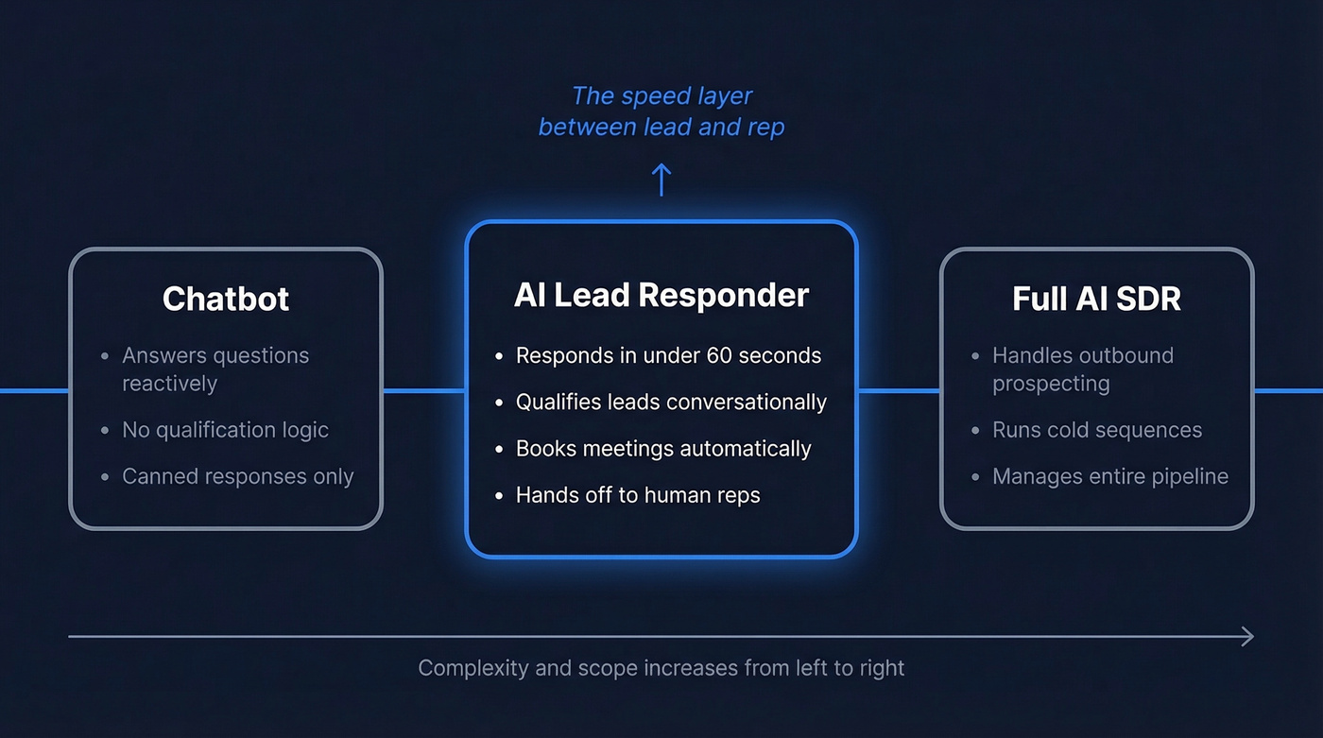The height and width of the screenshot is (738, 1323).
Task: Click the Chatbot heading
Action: click(226, 299)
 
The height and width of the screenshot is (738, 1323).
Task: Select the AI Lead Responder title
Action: click(661, 295)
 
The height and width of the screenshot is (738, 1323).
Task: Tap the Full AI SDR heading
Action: click(1096, 299)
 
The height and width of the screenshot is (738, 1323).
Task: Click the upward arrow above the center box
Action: click(661, 180)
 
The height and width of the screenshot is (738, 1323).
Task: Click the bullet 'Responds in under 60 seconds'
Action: click(668, 355)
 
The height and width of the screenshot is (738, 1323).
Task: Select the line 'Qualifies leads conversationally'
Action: click(671, 402)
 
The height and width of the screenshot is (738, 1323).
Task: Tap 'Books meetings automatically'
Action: click(663, 448)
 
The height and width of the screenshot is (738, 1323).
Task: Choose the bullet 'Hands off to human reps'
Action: click(638, 494)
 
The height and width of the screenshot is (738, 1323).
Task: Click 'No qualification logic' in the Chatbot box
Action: click(225, 429)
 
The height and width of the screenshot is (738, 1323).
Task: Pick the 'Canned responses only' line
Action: click(237, 476)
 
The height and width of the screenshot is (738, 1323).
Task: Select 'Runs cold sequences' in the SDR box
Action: click(1097, 429)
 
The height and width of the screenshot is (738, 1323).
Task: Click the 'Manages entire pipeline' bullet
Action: click(1110, 476)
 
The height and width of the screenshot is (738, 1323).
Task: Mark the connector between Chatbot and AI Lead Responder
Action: click(423, 390)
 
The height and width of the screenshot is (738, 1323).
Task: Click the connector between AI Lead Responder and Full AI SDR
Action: click(899, 390)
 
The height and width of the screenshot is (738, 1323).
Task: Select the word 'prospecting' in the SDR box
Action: click(1051, 384)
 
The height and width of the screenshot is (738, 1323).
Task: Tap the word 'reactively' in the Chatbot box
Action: click(170, 384)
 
